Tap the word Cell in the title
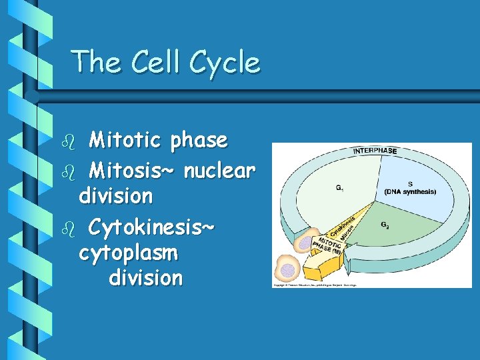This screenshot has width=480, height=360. [156, 62]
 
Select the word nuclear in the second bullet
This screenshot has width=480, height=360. [219, 171]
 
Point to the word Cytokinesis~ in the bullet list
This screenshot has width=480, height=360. [151, 227]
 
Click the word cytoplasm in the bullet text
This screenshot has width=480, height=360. [128, 253]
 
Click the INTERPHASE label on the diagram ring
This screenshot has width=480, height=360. [375, 151]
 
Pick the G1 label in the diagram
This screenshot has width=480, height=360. [340, 188]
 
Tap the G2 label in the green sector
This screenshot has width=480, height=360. [385, 225]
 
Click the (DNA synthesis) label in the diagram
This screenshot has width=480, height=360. [410, 191]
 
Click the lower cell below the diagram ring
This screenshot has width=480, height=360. [288, 269]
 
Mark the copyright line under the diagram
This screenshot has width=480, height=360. [314, 285]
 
